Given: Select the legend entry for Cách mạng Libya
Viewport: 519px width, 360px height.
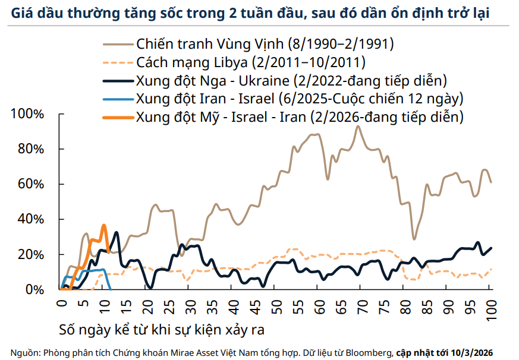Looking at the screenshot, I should click(250, 62).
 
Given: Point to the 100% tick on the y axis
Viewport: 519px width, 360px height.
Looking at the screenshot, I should click(27, 114).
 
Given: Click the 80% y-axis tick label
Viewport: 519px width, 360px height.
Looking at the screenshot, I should click(30, 149).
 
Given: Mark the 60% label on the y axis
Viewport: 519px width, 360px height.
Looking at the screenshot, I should click(30, 184).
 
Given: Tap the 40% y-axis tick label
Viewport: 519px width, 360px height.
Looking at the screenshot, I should click(30, 219).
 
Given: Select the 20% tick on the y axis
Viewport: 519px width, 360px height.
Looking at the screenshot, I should click(30, 254).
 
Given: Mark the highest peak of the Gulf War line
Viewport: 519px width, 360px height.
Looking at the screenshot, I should click(358, 126).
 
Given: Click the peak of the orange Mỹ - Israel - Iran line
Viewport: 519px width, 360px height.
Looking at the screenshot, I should click(104, 225).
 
